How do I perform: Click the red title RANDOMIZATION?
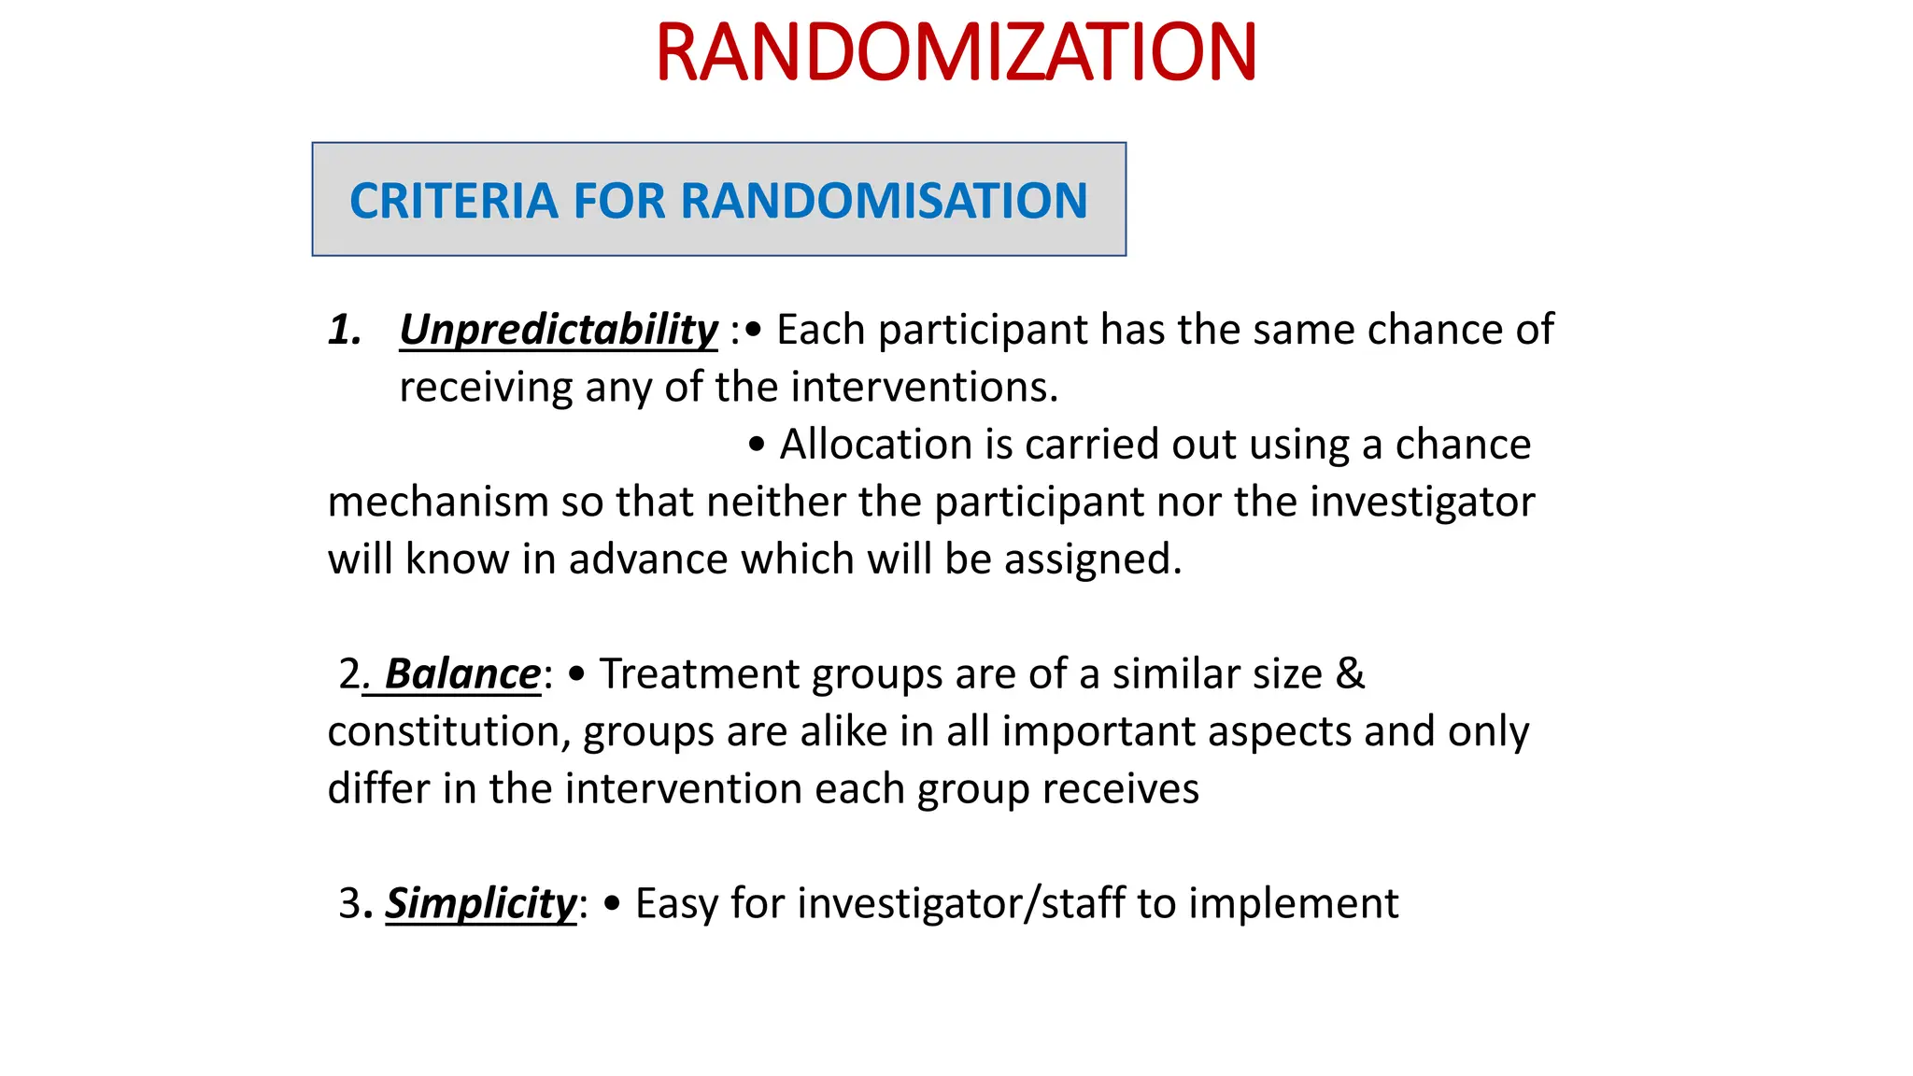[956, 53]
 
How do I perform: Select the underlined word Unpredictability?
[559, 330]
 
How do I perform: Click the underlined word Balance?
[462, 673]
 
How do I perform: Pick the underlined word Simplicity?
[481, 903]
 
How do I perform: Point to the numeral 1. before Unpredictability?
[345, 330]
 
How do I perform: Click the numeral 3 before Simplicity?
[349, 903]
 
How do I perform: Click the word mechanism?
[437, 503]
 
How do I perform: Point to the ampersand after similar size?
[1351, 673]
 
